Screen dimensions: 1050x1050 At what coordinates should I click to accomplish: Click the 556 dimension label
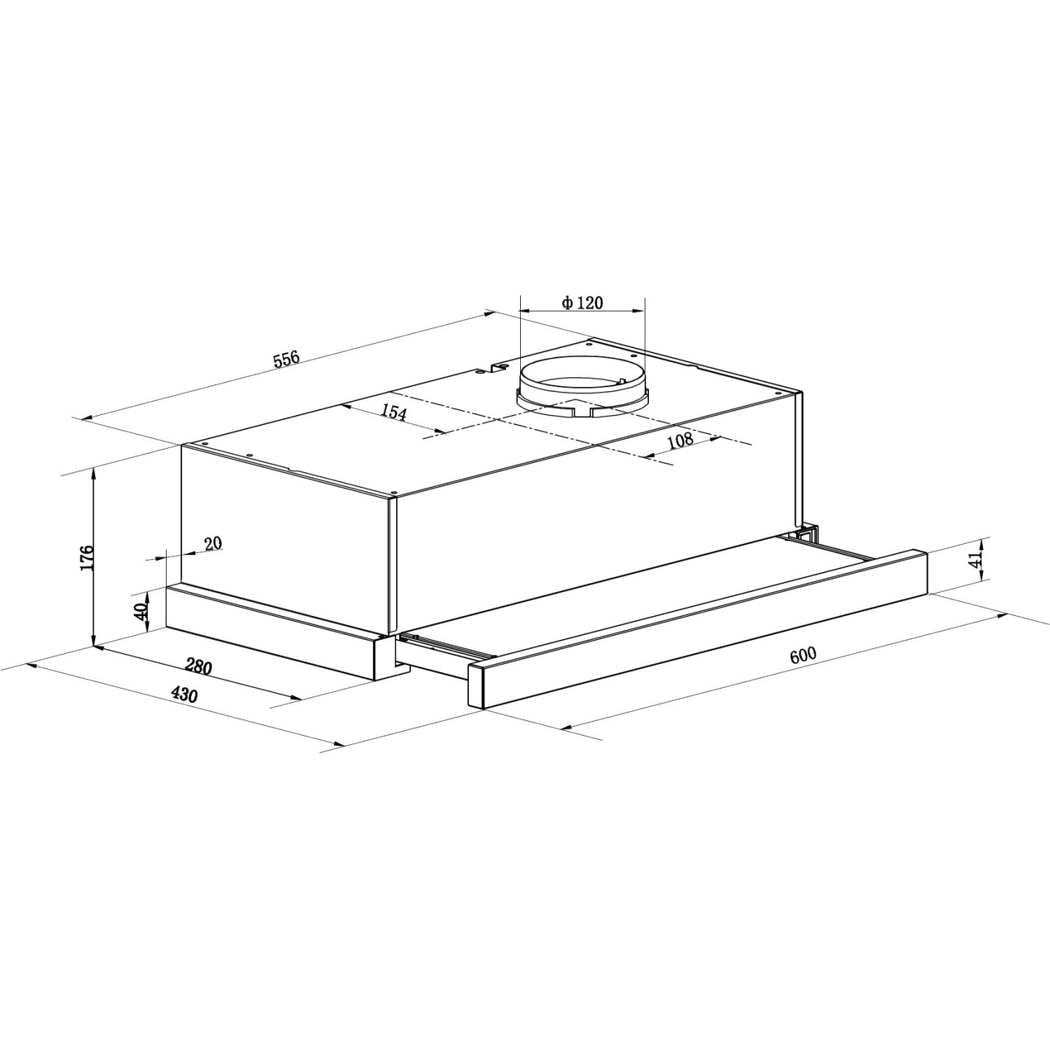(x=286, y=359)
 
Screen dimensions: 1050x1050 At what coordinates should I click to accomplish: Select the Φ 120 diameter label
(x=582, y=302)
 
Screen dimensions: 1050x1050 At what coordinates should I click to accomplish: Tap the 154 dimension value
(x=393, y=412)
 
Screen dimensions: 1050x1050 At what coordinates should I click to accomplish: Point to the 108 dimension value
(x=680, y=440)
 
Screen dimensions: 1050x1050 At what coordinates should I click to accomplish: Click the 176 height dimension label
(x=87, y=557)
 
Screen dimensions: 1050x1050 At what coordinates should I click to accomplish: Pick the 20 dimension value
(x=213, y=543)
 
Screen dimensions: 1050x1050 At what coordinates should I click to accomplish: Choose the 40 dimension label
(x=141, y=611)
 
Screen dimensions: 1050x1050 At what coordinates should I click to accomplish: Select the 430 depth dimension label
(x=184, y=694)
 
